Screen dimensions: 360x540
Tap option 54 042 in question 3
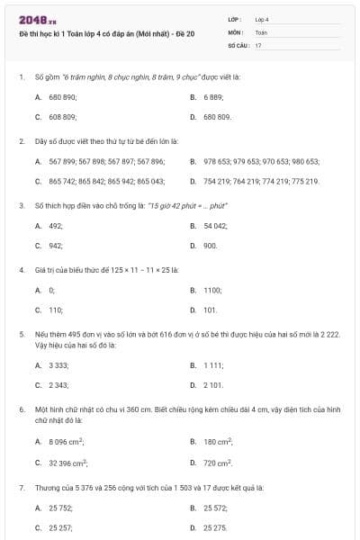(215, 225)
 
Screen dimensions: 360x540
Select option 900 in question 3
(210, 246)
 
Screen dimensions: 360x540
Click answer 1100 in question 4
(212, 290)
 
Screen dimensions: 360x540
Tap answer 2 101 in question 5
(213, 385)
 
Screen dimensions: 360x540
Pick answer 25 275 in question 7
(215, 527)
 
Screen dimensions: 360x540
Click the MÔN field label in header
(236, 31)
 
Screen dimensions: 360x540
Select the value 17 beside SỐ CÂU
(258, 45)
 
